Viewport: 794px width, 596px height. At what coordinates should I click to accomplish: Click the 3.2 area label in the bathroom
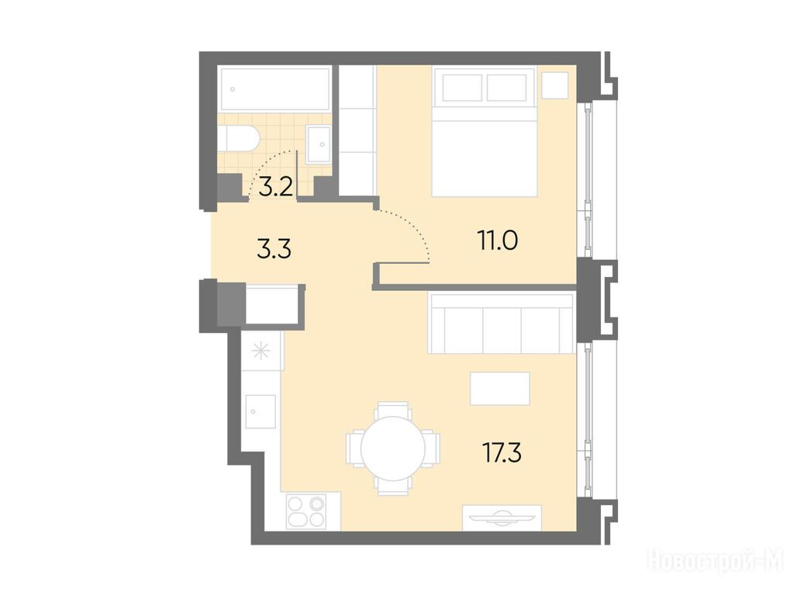[276, 188]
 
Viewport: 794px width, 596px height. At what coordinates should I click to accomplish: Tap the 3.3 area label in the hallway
[274, 250]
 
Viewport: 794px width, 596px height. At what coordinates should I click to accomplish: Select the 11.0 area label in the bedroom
[497, 241]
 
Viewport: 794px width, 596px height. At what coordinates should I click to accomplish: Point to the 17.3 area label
[502, 452]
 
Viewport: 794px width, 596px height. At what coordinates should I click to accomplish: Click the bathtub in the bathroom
[275, 89]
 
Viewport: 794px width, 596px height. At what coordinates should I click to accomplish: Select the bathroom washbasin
[319, 144]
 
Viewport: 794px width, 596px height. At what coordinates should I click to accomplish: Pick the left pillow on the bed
[462, 87]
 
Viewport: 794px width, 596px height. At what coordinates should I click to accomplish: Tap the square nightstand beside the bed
[555, 85]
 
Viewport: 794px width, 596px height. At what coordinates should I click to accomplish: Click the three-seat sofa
[501, 324]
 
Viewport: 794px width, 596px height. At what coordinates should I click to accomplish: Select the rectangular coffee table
[500, 389]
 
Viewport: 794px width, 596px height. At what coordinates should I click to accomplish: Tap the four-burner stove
[306, 511]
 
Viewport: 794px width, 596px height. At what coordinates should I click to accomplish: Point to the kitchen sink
[261, 411]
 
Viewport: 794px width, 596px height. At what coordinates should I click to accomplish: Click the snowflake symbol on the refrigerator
[261, 352]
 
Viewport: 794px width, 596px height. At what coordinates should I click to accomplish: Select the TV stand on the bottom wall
[502, 518]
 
